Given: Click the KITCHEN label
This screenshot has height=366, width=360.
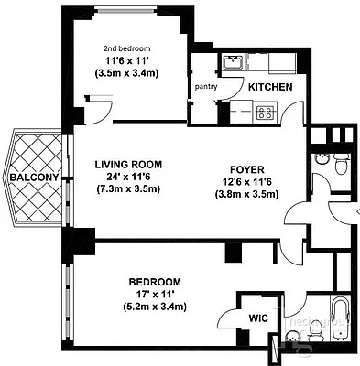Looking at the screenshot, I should tap(270, 87).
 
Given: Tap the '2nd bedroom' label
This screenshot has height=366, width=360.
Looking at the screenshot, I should tap(126, 48).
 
